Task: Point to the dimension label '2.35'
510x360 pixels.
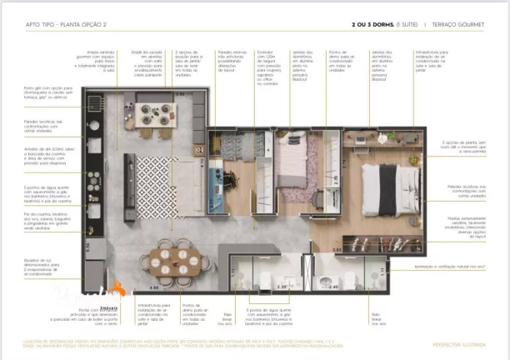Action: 260,287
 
